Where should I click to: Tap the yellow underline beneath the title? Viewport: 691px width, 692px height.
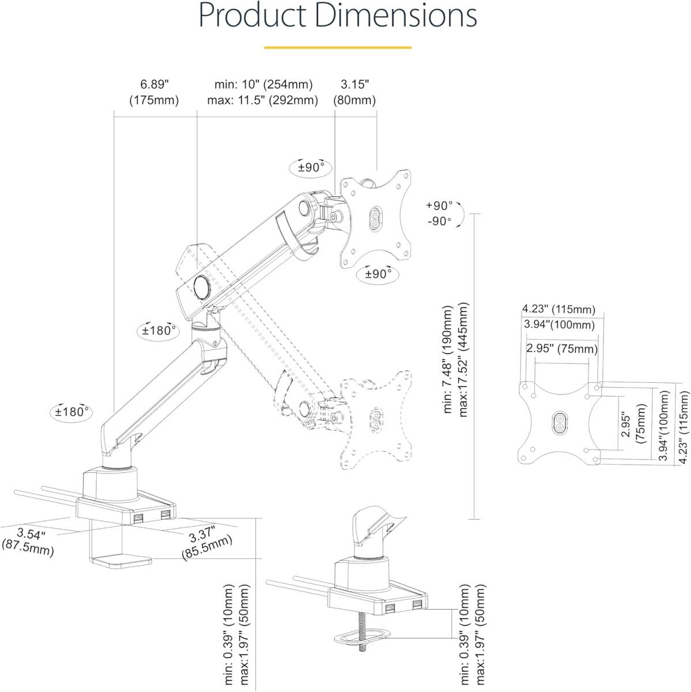coord(338,47)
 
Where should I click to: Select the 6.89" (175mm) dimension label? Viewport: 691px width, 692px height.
coord(154,92)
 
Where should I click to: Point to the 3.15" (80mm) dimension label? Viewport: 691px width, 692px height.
coord(354,92)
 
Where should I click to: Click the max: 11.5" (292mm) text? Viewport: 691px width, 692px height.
coord(263,100)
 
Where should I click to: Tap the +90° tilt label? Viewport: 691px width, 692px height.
coord(439,206)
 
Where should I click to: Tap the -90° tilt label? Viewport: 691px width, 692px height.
coord(439,221)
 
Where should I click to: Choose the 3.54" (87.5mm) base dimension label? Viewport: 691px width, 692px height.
coord(29,543)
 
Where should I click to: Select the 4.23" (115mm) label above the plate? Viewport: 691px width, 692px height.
coord(558,309)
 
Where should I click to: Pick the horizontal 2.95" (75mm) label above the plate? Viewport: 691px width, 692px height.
coord(562,349)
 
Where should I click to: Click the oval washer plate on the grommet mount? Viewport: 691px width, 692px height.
coord(362,637)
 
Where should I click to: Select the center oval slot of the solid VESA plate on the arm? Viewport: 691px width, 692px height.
coord(376,217)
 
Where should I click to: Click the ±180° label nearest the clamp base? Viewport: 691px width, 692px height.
coord(71,412)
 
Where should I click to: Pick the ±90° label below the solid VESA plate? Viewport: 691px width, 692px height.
coord(377,274)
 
